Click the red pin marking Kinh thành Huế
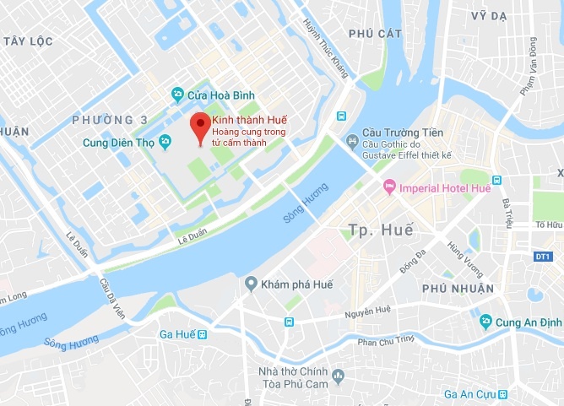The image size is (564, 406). [199, 127]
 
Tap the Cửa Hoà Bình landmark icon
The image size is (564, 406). [177, 93]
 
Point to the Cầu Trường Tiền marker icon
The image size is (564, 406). [352, 139]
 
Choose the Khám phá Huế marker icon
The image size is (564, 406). [251, 284]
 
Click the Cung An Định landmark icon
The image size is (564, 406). [485, 321]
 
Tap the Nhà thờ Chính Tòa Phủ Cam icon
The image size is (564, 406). [339, 375]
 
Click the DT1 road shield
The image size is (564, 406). [543, 256]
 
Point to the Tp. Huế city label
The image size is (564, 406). [380, 230]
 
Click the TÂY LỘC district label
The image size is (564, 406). [28, 41]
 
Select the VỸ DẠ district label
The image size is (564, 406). [490, 16]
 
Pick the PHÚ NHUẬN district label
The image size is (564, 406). [457, 288]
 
